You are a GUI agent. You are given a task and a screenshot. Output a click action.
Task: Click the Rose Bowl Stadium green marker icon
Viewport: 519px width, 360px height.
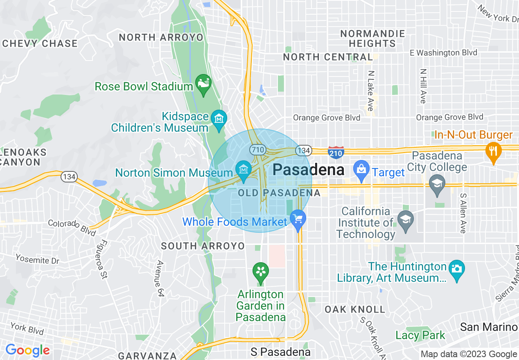click(203, 83)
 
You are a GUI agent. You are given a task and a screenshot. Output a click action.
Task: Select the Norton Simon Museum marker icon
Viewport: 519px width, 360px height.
click(244, 169)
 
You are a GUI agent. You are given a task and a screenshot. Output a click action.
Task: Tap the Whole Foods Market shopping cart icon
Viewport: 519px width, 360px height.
click(298, 218)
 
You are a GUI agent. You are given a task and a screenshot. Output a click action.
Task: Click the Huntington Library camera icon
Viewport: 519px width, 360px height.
click(456, 270)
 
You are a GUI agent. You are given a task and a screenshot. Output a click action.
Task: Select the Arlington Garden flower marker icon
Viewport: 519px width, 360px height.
click(260, 271)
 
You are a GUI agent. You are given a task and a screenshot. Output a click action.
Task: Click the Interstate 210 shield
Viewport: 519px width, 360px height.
click(335, 152)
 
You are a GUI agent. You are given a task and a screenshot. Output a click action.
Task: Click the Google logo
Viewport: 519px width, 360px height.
click(27, 350)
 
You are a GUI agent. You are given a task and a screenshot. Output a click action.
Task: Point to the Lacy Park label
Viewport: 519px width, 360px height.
click(420, 335)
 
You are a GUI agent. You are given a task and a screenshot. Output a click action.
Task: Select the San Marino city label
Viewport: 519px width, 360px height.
click(489, 327)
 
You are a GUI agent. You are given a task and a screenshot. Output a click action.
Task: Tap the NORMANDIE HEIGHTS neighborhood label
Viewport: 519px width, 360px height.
click(373, 38)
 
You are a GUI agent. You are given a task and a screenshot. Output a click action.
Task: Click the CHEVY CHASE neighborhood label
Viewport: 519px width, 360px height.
click(40, 43)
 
